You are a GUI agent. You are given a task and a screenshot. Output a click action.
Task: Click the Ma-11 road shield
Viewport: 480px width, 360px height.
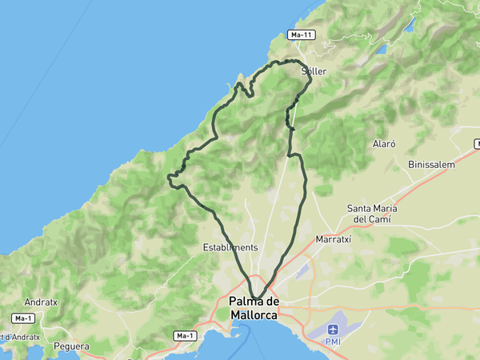pos(301,35)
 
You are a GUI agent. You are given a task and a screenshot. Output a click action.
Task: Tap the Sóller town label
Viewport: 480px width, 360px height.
pos(314,71)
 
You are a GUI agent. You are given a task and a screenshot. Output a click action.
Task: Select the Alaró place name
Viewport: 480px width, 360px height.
pos(385,144)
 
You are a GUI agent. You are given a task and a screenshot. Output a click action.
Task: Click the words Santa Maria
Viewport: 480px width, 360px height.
pos(372,209)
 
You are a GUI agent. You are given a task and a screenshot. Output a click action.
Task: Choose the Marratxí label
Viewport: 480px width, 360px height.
pos(334,239)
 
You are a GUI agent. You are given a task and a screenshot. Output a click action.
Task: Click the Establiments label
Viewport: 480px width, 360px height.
pos(230,248)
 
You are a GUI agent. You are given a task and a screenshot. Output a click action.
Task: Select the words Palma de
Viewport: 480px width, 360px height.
pos(254,302)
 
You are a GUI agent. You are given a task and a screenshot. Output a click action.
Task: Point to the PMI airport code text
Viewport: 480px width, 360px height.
pos(333,342)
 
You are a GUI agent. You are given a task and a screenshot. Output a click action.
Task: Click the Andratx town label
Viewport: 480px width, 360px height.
pos(41,303)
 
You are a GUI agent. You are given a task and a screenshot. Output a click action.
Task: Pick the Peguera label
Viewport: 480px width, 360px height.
pos(71,346)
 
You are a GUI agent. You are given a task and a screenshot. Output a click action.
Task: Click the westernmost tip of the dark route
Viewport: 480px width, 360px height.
pos(168,176)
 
